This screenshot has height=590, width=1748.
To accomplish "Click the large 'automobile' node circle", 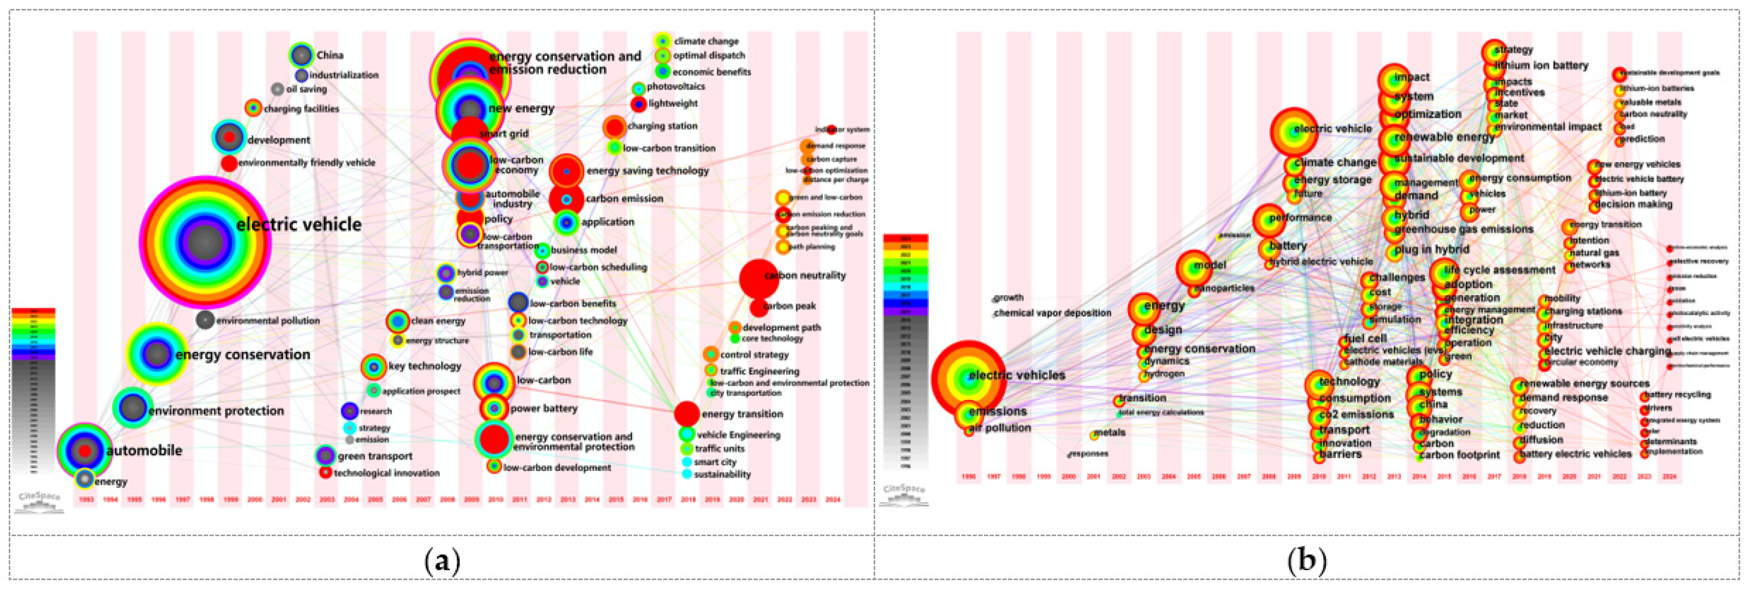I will coord(84,450).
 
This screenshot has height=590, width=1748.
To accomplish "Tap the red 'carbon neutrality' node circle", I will coord(758,278).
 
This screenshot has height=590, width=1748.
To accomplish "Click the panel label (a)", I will coord(442,561).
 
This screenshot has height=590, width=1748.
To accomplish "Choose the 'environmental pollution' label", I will coord(267,321).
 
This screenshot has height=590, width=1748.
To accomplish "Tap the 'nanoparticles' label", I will coord(1223,288).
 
